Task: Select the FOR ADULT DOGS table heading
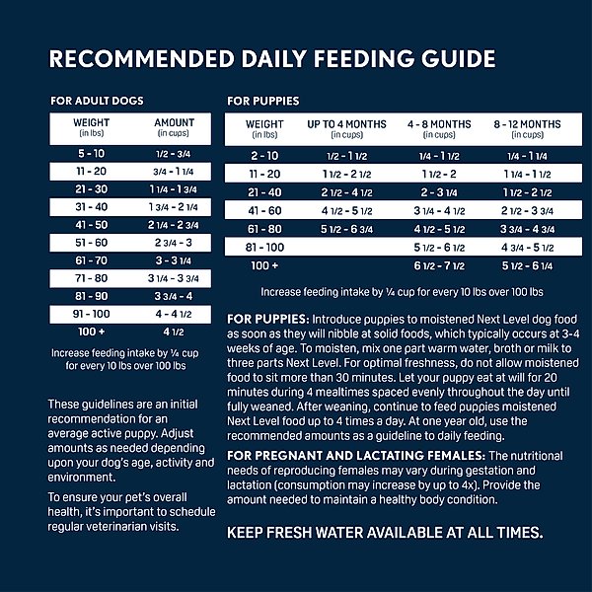[x=97, y=101]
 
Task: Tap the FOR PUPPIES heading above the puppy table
[x=262, y=101]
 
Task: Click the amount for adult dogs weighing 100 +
[x=175, y=332]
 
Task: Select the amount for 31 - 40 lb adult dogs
[x=175, y=207]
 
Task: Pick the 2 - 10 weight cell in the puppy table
[x=264, y=156]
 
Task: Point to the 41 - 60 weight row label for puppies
[x=264, y=210]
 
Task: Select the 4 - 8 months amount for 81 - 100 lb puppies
[x=439, y=247]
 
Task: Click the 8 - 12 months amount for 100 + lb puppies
[x=528, y=265]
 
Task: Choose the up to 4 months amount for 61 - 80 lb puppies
[x=346, y=229]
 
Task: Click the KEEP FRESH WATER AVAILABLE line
[x=385, y=533]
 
